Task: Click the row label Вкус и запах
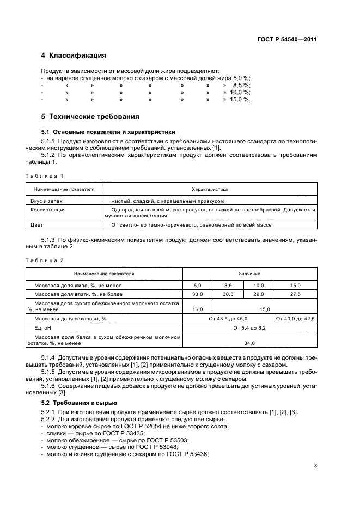pyautogui.click(x=45, y=201)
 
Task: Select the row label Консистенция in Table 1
pyautogui.click(x=48, y=209)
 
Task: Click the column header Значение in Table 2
pyautogui.click(x=249, y=273)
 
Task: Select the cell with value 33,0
pyautogui.click(x=197, y=294)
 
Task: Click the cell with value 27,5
pyautogui.click(x=295, y=294)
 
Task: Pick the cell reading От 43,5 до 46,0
pyautogui.click(x=228, y=318)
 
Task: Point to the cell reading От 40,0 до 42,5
pyautogui.click(x=295, y=318)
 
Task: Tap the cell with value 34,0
pyautogui.click(x=249, y=343)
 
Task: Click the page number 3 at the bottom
pyautogui.click(x=315, y=465)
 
